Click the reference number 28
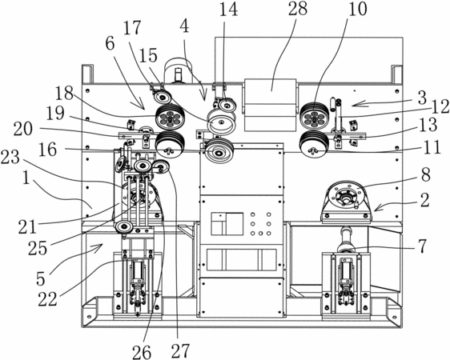pos(298,9)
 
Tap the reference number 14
pos(229,10)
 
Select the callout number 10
pos(358,9)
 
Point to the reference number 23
pos(10,158)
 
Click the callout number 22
pos(47,299)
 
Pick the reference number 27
pos(180,350)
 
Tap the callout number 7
pos(422,246)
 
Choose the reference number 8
pos(426,174)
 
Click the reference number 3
pos(422,98)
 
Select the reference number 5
pos(41,278)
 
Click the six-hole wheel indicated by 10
pos(315,116)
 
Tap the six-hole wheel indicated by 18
pos(171,118)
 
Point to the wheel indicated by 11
pos(314,145)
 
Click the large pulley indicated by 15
pos(222,122)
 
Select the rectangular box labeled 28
pos(270,105)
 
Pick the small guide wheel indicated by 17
pos(163,98)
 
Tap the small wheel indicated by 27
pos(161,167)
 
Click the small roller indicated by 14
pos(227,104)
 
